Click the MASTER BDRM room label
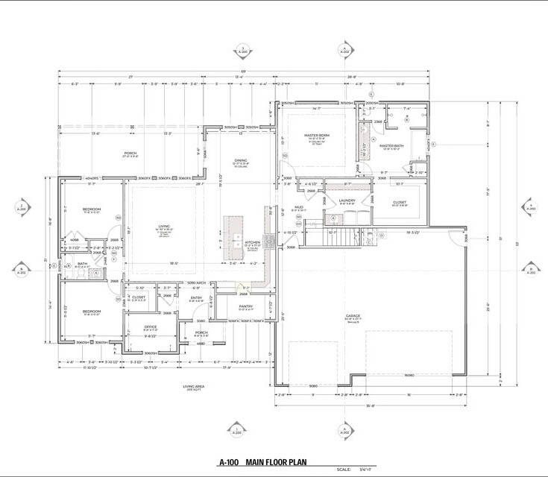tap(317, 136)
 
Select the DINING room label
tap(240, 160)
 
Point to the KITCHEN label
tap(253, 242)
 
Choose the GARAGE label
tap(353, 316)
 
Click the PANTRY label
tap(245, 306)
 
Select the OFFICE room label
tap(150, 326)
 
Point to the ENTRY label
tap(196, 298)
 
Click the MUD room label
tap(298, 207)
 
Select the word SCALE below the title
tap(343, 470)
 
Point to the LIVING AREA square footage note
tap(193, 386)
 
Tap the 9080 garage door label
tap(312, 385)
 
